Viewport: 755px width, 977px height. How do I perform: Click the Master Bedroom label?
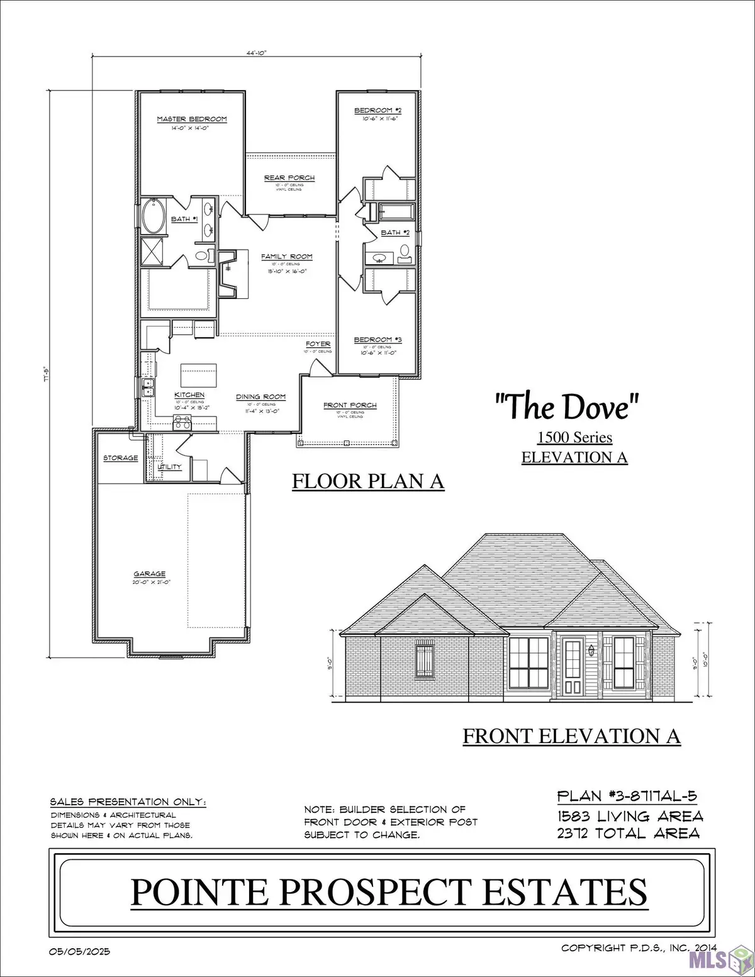(191, 119)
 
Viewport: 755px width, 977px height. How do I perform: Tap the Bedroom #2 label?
(377, 111)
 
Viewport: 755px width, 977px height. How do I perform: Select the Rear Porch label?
(289, 178)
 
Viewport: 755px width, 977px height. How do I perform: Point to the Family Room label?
(287, 257)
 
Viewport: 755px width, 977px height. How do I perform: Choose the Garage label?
(149, 574)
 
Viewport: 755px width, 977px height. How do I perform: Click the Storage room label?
(120, 458)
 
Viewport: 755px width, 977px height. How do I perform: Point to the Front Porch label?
(350, 405)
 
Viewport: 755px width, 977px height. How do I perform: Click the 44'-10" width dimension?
(256, 53)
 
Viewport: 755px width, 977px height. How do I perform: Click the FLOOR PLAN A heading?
(368, 481)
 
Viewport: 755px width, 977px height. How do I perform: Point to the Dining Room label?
(260, 397)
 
